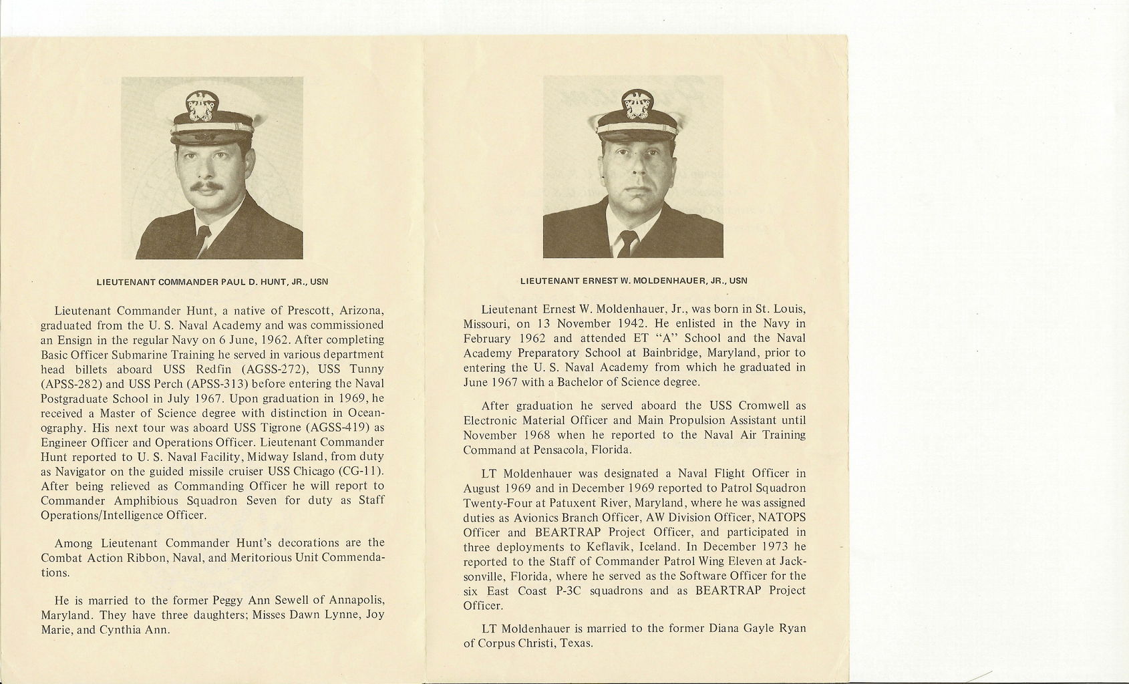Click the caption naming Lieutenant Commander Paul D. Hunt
tap(212, 282)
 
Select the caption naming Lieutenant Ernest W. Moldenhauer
tap(633, 281)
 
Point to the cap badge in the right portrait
tap(637, 104)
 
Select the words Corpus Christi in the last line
tap(516, 644)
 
